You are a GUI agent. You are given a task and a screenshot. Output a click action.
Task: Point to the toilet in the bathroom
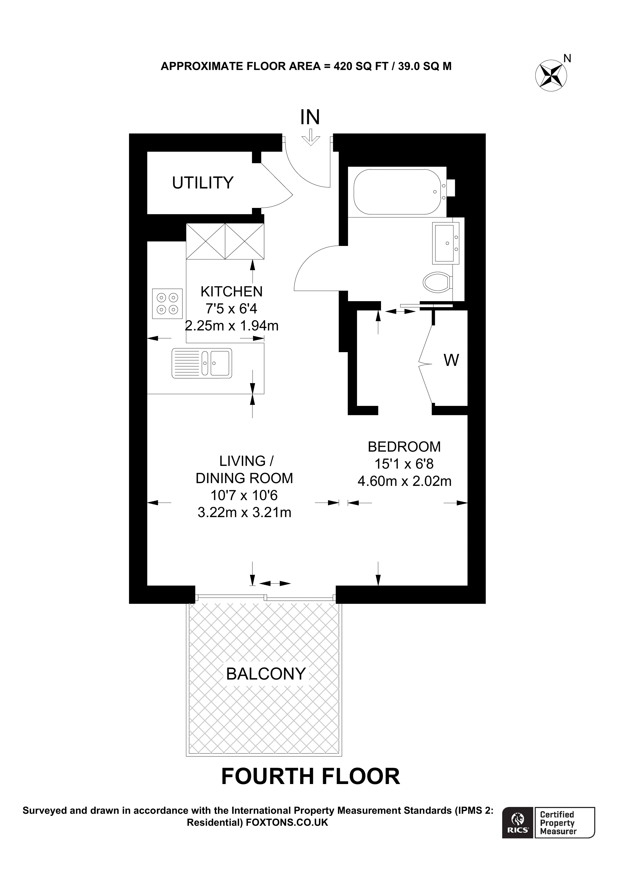click(x=437, y=282)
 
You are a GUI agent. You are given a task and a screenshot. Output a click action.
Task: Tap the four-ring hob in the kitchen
click(x=167, y=304)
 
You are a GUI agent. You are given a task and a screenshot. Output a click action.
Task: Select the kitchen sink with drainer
click(x=202, y=363)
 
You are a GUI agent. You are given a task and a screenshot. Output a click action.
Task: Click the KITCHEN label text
click(x=231, y=292)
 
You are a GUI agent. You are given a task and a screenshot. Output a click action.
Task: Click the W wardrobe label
click(x=451, y=360)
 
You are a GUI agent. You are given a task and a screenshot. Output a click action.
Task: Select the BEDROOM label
click(x=404, y=447)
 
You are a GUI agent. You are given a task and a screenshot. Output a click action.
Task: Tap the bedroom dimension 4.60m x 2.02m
click(x=404, y=481)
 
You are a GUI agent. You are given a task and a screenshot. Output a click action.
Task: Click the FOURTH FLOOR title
click(x=310, y=776)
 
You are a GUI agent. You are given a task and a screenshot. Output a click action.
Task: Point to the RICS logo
click(x=518, y=822)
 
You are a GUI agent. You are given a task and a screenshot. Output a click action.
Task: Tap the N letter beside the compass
click(x=567, y=58)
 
